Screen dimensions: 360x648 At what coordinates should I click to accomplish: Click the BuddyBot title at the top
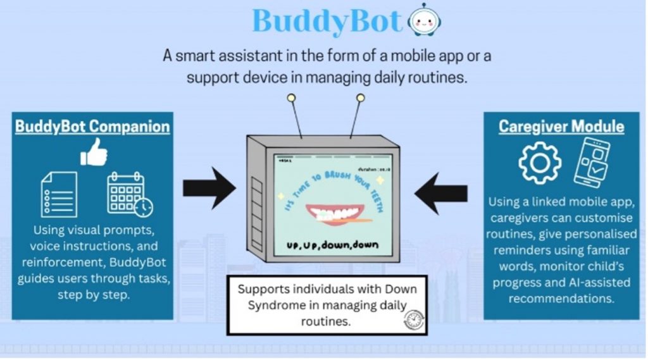pyautogui.click(x=327, y=22)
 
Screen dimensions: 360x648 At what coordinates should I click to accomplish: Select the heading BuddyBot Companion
pyautogui.click(x=92, y=127)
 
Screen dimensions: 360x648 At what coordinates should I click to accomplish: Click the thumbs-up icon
pyautogui.click(x=94, y=152)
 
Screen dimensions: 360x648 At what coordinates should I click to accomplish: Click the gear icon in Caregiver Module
pyautogui.click(x=539, y=163)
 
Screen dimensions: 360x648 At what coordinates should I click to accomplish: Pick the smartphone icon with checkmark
pyautogui.click(x=592, y=162)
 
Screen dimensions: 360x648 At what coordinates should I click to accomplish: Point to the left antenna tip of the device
pyautogui.click(x=291, y=99)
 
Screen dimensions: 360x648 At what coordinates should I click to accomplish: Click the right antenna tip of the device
pyautogui.click(x=360, y=98)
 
